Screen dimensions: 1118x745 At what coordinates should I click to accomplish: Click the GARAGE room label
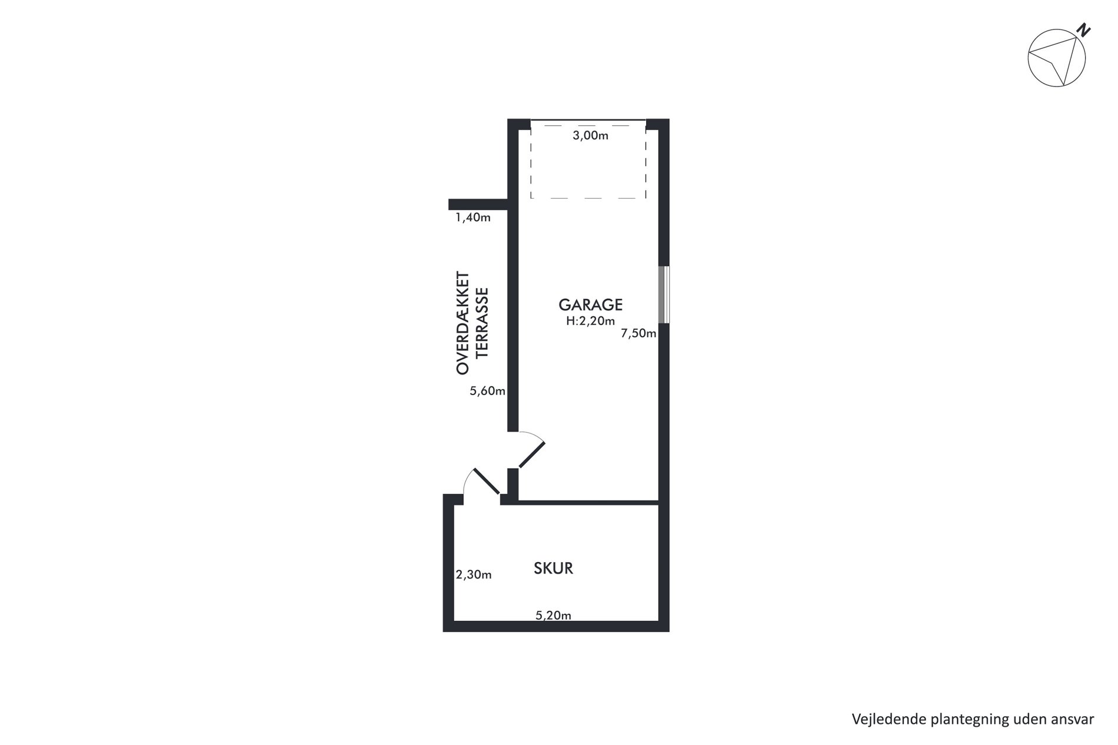pyautogui.click(x=590, y=305)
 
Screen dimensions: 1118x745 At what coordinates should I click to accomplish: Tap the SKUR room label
pyautogui.click(x=553, y=568)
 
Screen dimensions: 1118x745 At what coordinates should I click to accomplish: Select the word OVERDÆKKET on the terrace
pyautogui.click(x=463, y=322)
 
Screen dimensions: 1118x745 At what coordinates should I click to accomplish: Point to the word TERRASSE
pyautogui.click(x=482, y=322)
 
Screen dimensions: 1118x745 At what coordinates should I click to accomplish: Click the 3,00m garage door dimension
pyautogui.click(x=590, y=136)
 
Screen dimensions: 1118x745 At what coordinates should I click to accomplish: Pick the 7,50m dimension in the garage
pyautogui.click(x=638, y=334)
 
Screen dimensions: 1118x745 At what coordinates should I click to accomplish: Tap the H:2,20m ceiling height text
pyautogui.click(x=590, y=321)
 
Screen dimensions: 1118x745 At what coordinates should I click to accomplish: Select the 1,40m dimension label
pyautogui.click(x=473, y=218)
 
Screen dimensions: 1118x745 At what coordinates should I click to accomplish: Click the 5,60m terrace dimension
pyautogui.click(x=487, y=391)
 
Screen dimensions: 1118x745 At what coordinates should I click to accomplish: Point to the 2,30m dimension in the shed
pyautogui.click(x=474, y=575)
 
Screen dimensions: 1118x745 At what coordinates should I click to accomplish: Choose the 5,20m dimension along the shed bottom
pyautogui.click(x=553, y=616)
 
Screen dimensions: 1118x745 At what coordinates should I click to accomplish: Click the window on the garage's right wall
pyautogui.click(x=664, y=295)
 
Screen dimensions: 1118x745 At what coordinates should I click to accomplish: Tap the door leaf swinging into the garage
pyautogui.click(x=532, y=455)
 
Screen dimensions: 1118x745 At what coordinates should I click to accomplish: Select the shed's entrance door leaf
pyautogui.click(x=486, y=482)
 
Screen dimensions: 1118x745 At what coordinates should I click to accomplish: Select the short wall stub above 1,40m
pyautogui.click(x=478, y=205)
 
